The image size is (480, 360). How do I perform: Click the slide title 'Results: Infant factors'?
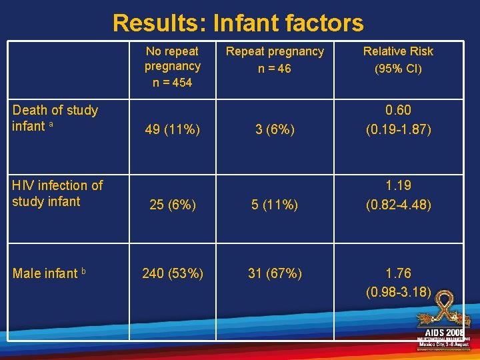pyautogui.click(x=238, y=23)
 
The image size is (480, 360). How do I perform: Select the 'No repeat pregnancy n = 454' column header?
pyautogui.click(x=173, y=67)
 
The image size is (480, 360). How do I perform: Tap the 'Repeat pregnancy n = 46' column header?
pyautogui.click(x=275, y=59)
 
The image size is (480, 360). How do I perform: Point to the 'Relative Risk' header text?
pyautogui.click(x=398, y=51)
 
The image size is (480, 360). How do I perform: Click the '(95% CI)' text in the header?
pyautogui.click(x=398, y=69)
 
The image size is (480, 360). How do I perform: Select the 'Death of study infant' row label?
pyautogui.click(x=55, y=118)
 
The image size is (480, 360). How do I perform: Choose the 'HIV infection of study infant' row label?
pyautogui.click(x=57, y=193)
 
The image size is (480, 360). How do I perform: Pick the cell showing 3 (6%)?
pyautogui.click(x=275, y=130)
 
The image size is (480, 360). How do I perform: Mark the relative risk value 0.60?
pyautogui.click(x=398, y=111)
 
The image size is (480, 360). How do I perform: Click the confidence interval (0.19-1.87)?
pyautogui.click(x=398, y=130)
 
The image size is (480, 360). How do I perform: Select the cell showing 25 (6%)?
pyautogui.click(x=172, y=205)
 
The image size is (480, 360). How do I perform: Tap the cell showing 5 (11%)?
pyautogui.click(x=275, y=205)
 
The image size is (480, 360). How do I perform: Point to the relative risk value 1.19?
pyautogui.click(x=398, y=186)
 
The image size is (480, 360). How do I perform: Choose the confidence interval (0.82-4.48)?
pyautogui.click(x=398, y=205)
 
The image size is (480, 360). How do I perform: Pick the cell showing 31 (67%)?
pyautogui.click(x=275, y=273)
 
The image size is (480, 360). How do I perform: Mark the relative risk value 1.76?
pyautogui.click(x=398, y=273)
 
